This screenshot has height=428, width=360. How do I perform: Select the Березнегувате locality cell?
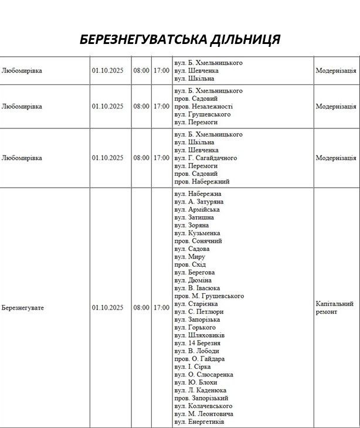pos(23,308)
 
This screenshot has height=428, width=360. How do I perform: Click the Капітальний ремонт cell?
pos(335,308)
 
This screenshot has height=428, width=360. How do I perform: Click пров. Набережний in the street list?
pos(202,182)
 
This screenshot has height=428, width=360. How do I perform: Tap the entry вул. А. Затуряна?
pos(199,202)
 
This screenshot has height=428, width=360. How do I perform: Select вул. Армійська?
pos(198,209)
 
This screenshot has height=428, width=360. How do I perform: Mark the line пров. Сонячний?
pos(198,241)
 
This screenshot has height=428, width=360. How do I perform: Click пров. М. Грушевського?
pos(209,296)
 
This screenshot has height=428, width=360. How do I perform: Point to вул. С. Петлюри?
pos(199,312)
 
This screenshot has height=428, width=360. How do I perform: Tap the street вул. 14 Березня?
pos(198,343)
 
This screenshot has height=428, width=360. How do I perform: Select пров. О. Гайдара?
pos(200,359)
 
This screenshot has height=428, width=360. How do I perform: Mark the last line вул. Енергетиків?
pos(199,422)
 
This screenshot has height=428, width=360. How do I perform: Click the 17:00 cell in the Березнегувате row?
pos(161,308)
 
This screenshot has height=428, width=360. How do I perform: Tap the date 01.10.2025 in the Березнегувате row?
pos(107,308)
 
